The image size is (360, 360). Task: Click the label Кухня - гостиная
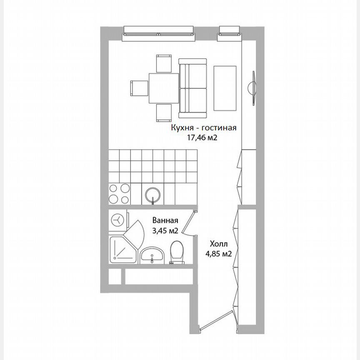tap(203, 128)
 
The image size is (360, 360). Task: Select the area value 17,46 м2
tap(203, 138)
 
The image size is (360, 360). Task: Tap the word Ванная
tap(165, 221)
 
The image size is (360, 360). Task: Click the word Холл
tap(218, 245)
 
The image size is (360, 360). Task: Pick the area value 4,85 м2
tap(218, 254)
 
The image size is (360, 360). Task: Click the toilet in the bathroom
tap(177, 254)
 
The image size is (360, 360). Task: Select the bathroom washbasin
tap(152, 255)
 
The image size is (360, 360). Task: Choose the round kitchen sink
tap(153, 195)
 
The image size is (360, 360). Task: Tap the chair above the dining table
tap(163, 63)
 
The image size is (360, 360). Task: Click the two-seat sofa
tap(193, 88)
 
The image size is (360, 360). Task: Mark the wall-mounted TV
tap(252, 88)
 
